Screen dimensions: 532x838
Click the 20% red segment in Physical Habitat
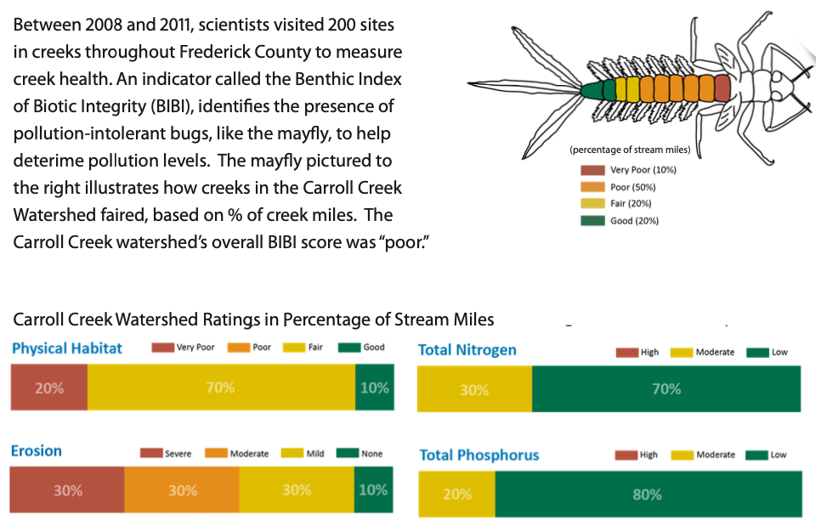pyautogui.click(x=48, y=388)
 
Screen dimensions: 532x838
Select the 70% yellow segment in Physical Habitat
pyautogui.click(x=220, y=388)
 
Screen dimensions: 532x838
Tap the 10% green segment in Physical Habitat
pyautogui.click(x=374, y=388)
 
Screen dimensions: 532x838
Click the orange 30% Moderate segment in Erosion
pyautogui.click(x=182, y=490)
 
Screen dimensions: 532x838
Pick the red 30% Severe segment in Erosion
pyautogui.click(x=67, y=490)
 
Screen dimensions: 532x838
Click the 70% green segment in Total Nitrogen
pyautogui.click(x=666, y=389)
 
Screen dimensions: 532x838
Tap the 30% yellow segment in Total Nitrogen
pyautogui.click(x=474, y=389)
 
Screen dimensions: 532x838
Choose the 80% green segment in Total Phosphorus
pyautogui.click(x=648, y=494)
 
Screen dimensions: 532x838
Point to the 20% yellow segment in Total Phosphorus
pyautogui.click(x=456, y=494)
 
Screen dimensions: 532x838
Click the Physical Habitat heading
pyautogui.click(x=67, y=348)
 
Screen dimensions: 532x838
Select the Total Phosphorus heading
pyautogui.click(x=479, y=455)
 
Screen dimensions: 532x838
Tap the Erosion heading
pyautogui.click(x=37, y=450)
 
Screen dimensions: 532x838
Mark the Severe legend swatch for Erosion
pyautogui.click(x=150, y=454)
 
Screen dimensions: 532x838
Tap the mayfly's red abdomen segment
pyautogui.click(x=722, y=88)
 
